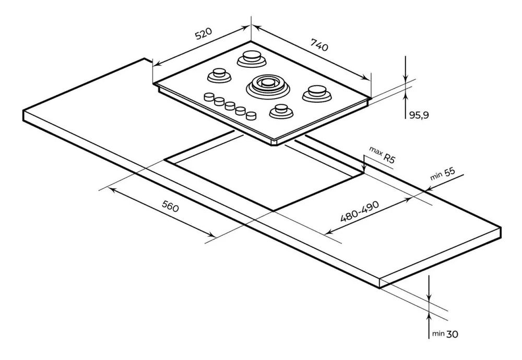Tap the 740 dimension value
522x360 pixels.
[319, 46]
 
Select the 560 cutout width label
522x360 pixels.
[170, 208]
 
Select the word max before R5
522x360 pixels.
[376, 151]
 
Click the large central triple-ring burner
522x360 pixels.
[267, 83]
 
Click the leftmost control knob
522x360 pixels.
[208, 97]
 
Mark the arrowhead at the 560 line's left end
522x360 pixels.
[111, 189]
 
